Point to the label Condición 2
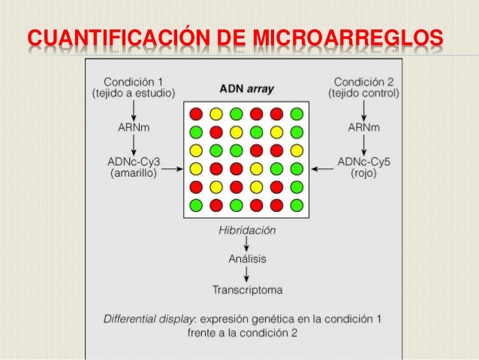tap(363, 81)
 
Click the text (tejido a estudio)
tap(133, 94)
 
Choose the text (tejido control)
tap(364, 94)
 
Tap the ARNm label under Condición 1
tap(133, 128)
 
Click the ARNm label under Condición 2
tap(363, 128)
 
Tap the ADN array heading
tap(246, 89)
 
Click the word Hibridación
tap(246, 231)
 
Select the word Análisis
tap(246, 259)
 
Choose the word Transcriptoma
tap(246, 289)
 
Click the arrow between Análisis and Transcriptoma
tap(246, 274)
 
